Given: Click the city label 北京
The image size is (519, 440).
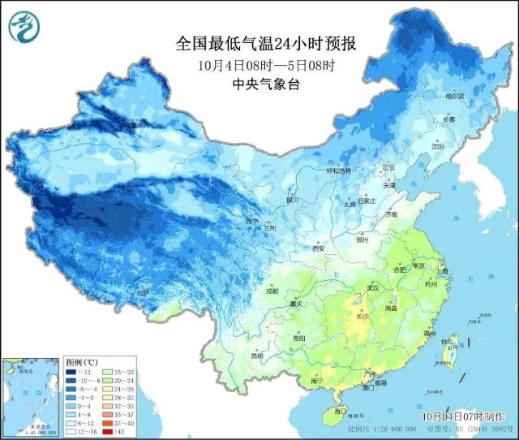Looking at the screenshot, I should (388, 167).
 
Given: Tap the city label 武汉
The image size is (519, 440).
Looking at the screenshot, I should (374, 287).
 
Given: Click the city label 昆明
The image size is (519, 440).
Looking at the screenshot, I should (257, 356).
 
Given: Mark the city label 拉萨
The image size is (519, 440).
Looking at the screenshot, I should (144, 293).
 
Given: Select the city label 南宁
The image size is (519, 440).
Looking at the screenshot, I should (317, 380).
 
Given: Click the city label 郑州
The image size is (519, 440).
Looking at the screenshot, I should (363, 240).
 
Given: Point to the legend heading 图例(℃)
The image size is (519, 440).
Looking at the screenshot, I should (83, 360).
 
